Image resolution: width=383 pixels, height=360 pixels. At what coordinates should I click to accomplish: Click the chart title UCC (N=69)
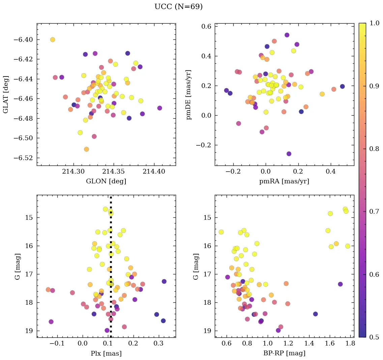point(178,7)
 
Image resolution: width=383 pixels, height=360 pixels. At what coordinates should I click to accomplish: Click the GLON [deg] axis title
point(106,181)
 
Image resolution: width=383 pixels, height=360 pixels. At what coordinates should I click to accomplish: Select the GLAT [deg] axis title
point(6,94)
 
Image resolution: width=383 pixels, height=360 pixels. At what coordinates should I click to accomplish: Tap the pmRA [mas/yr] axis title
point(284,181)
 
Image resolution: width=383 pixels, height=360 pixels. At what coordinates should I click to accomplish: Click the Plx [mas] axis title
point(106,353)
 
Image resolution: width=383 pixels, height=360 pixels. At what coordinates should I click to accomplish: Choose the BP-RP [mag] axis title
point(284,353)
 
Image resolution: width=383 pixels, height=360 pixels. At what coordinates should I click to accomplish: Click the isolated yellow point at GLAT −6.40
point(53,39)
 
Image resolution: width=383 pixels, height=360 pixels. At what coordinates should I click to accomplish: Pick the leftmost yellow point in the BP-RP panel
point(221,232)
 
